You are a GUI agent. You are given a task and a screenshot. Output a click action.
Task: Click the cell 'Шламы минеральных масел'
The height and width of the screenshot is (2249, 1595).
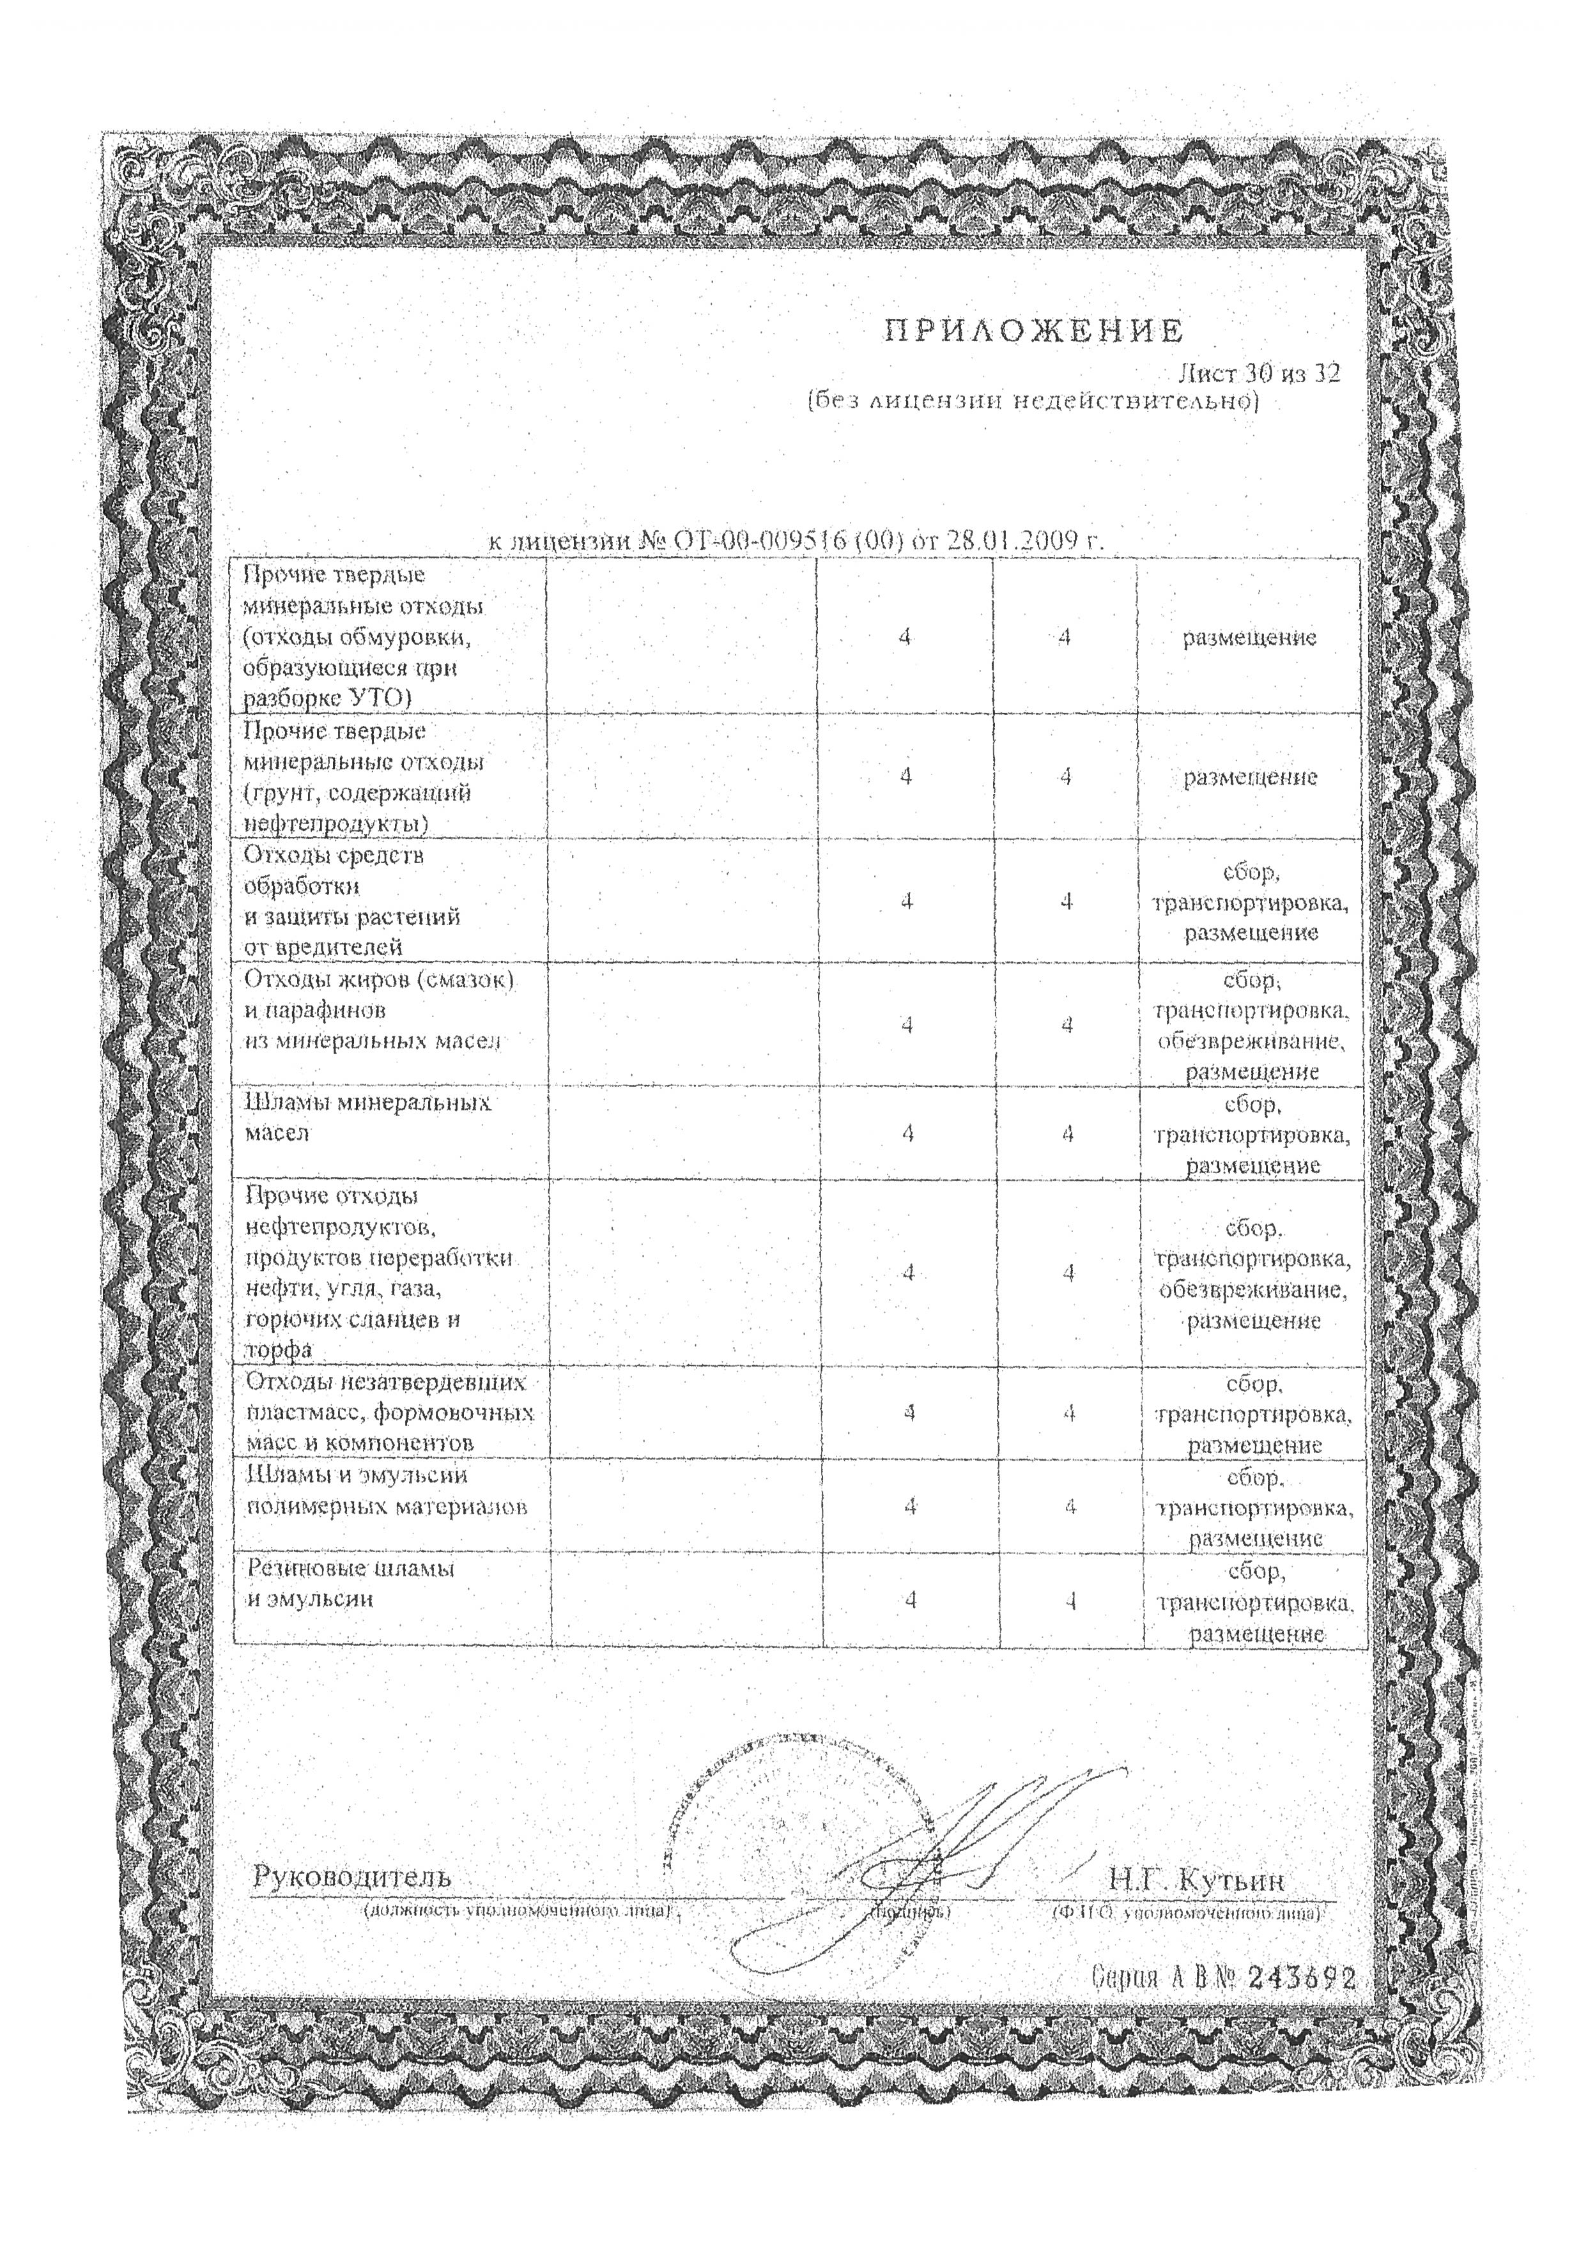(367, 1117)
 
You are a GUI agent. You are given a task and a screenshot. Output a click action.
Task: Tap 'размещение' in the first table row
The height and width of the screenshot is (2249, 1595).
(1249, 638)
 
